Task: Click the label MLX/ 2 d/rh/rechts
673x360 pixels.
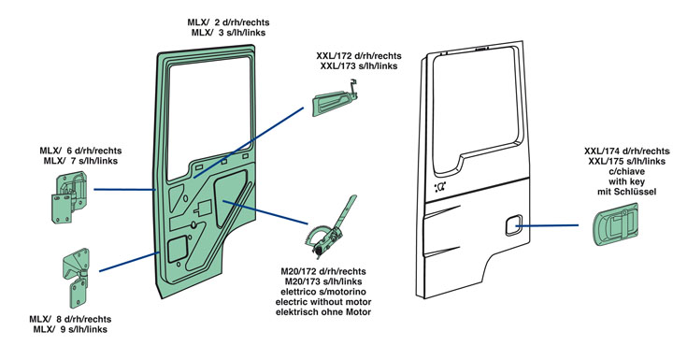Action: [228, 22]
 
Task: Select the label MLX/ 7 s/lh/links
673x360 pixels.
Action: [80, 161]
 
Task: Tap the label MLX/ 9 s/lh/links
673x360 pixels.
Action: [70, 329]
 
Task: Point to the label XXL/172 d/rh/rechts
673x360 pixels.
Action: [359, 56]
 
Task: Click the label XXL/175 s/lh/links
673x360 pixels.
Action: [626, 161]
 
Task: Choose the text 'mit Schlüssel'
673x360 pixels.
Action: [626, 192]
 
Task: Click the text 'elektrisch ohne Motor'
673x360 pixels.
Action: [323, 312]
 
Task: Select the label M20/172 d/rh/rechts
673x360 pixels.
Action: [323, 271]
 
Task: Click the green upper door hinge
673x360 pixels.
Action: [69, 198]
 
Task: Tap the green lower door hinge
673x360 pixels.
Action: [77, 278]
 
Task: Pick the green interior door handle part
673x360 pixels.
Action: [335, 100]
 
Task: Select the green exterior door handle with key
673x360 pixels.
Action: [615, 224]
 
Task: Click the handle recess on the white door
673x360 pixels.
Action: [513, 225]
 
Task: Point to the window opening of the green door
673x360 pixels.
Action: [208, 116]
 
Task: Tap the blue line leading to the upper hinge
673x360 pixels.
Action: [124, 189]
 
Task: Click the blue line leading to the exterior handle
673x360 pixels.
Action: [547, 224]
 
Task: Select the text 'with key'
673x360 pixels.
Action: [626, 181]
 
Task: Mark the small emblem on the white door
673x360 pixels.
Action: [440, 187]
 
